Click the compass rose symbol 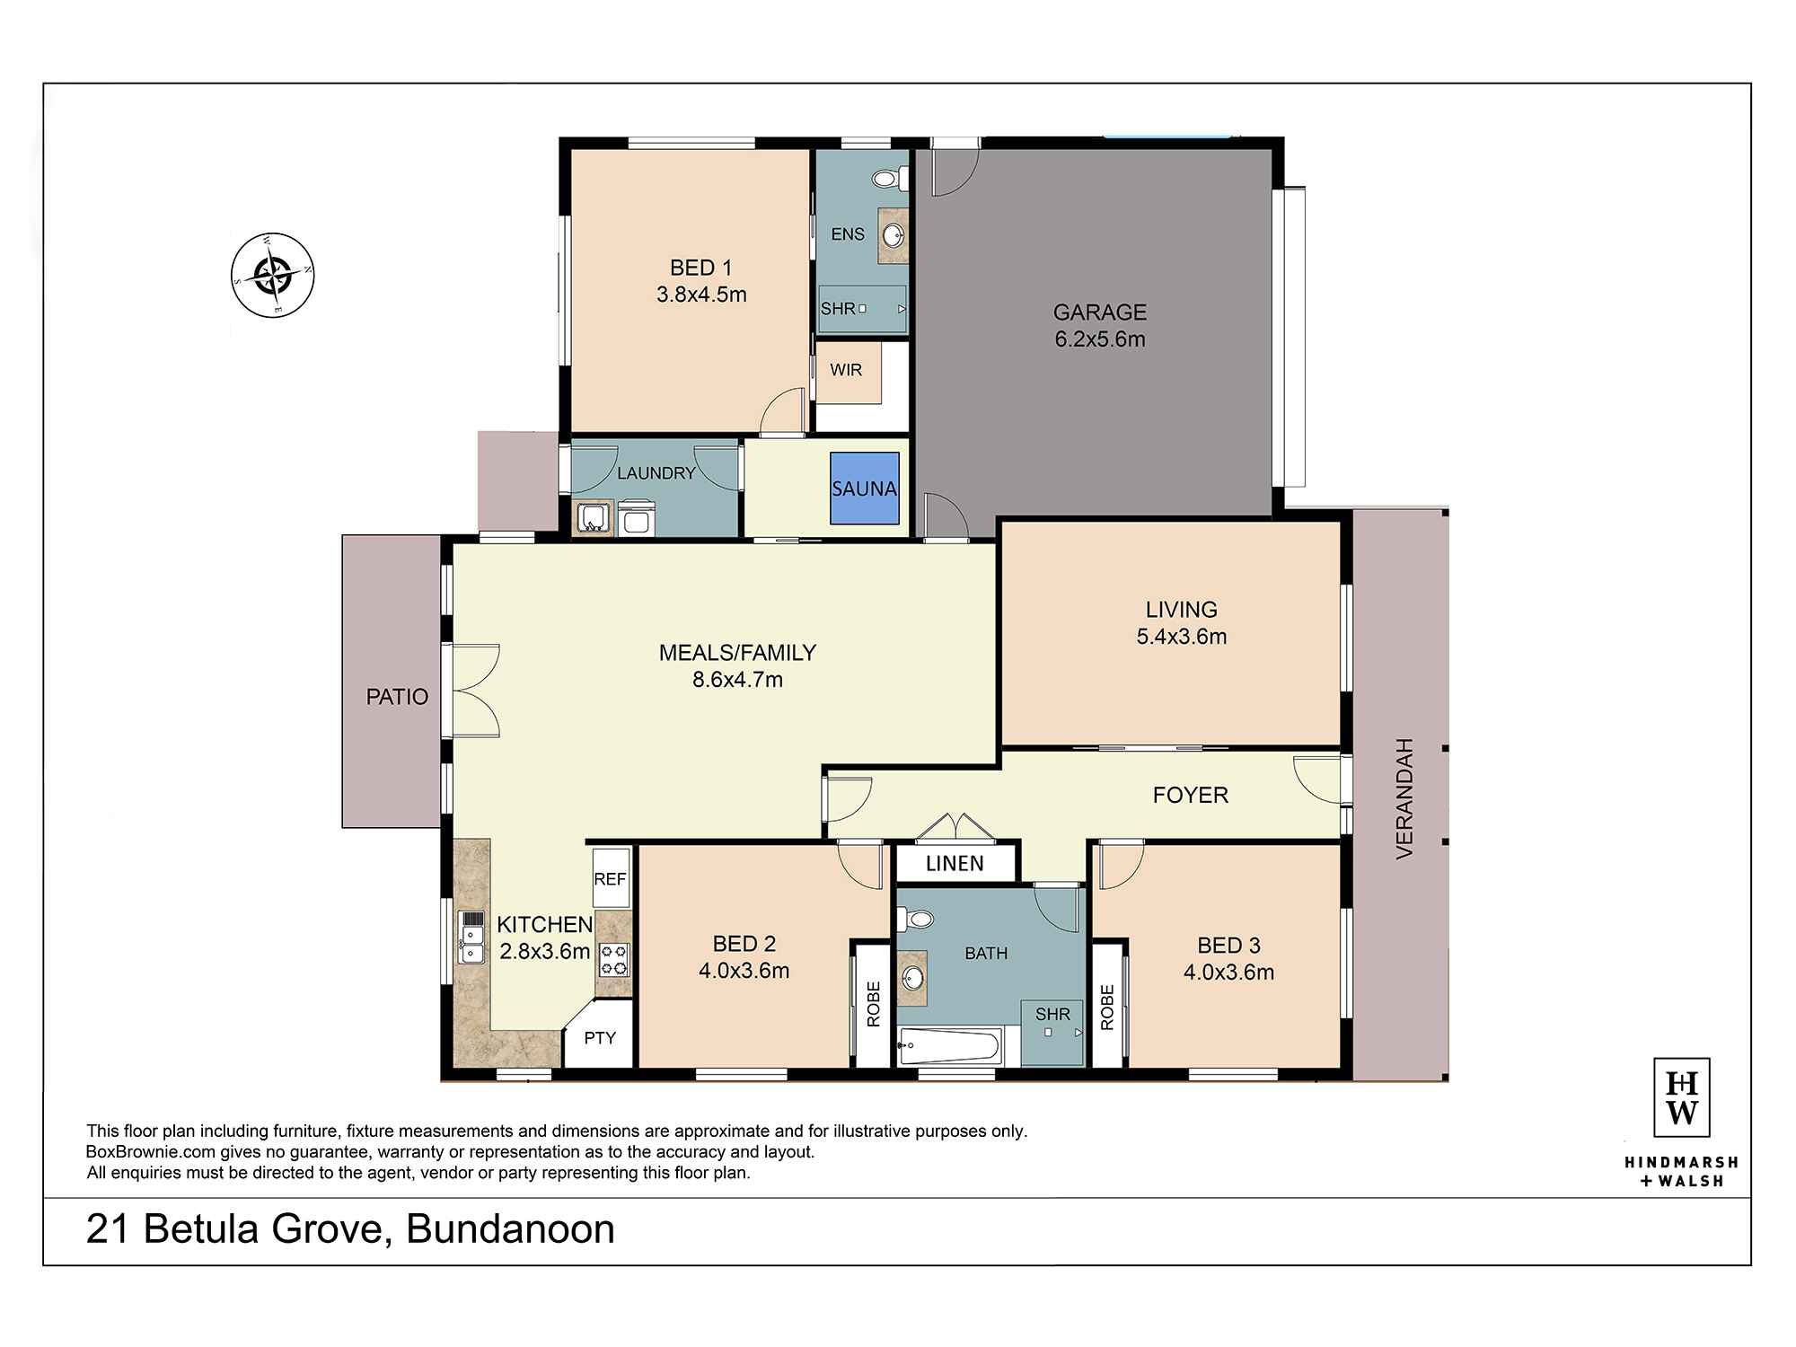[x=273, y=275]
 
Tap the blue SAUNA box [x=864, y=489]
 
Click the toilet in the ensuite [x=889, y=179]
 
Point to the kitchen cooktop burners [x=614, y=959]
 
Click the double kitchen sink [x=471, y=937]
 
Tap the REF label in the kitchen [x=610, y=879]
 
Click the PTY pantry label [x=600, y=1038]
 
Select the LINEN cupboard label [x=955, y=864]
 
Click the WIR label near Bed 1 [x=846, y=370]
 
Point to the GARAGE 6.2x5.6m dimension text [x=1099, y=339]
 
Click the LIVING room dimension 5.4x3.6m [x=1181, y=637]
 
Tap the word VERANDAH [x=1404, y=798]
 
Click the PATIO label [x=397, y=697]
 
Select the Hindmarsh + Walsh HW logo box [x=1681, y=1097]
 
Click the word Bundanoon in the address [x=510, y=1229]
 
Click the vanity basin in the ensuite [x=894, y=236]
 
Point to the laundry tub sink [x=593, y=519]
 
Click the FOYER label [x=1190, y=795]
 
